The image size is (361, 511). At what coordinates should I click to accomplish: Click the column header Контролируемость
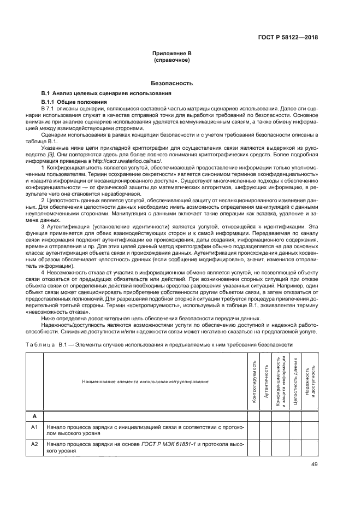click(253, 381)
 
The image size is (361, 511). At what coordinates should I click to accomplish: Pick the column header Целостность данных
click(295, 381)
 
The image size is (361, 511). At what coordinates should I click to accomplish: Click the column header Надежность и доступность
click(310, 381)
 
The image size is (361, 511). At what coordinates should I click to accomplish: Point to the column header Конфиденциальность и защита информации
click(280, 381)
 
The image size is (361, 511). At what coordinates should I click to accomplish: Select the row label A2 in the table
click(34, 444)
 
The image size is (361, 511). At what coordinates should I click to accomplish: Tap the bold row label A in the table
click(34, 415)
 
